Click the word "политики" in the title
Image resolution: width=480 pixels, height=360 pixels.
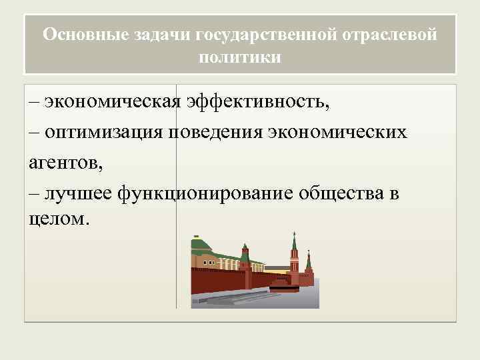(240, 57)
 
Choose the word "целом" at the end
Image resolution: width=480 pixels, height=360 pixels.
(56, 219)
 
